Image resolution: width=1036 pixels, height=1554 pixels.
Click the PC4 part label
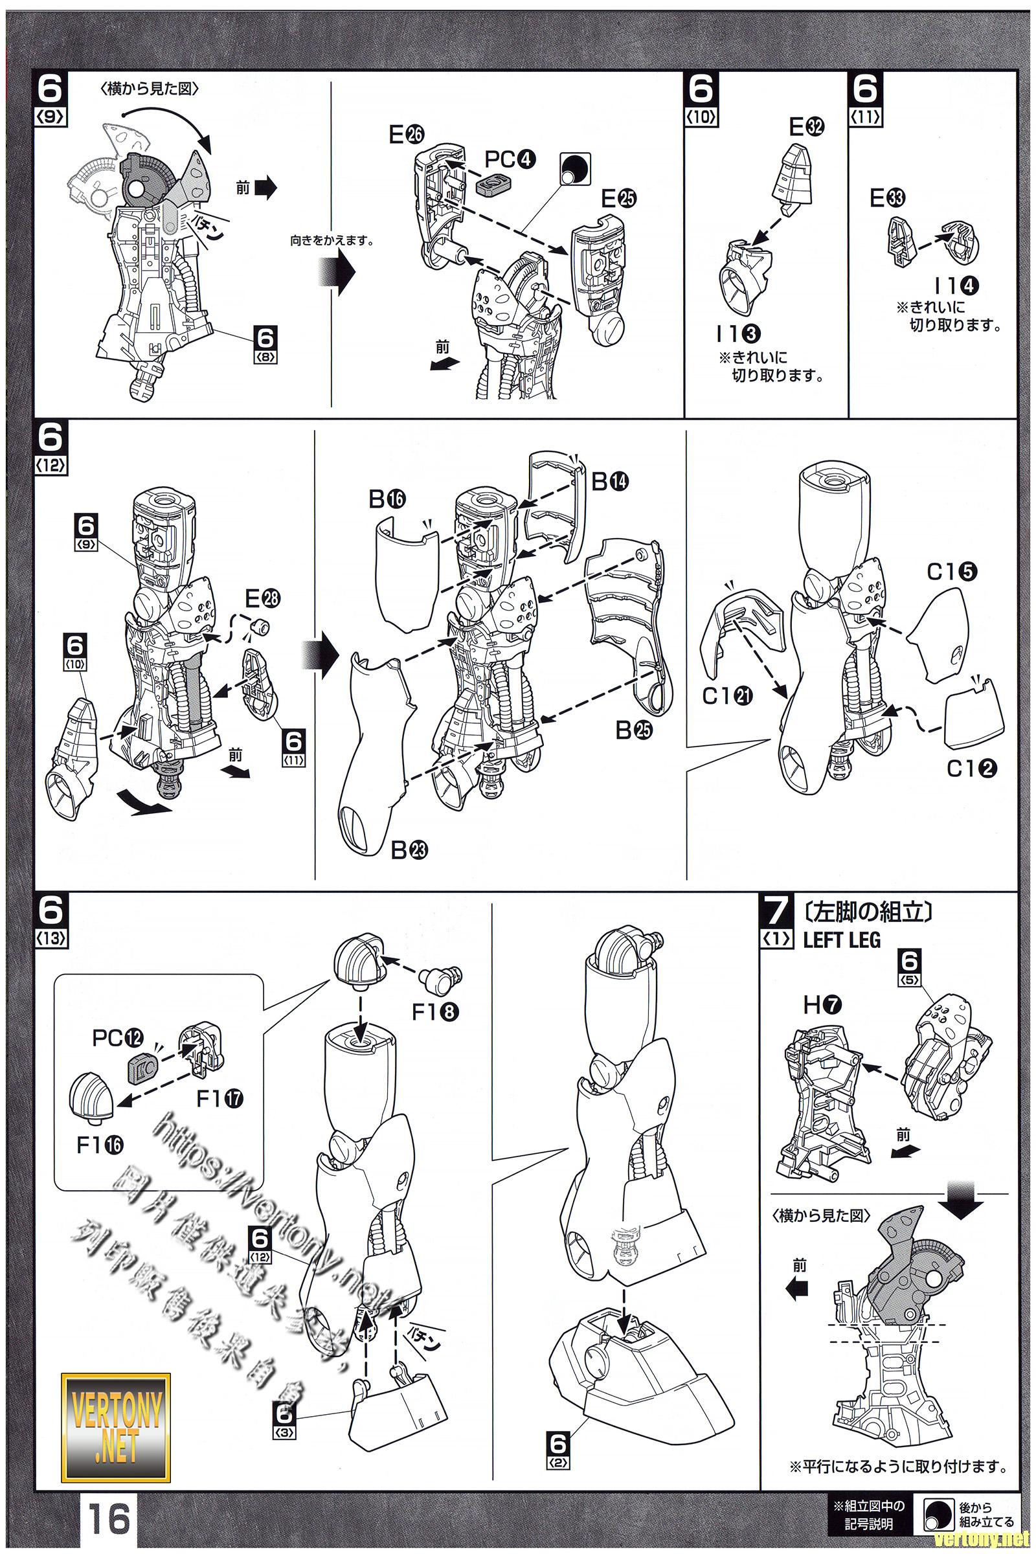click(x=510, y=160)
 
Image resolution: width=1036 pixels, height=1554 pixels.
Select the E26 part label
click(x=407, y=135)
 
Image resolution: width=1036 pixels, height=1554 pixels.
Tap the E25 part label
click(x=618, y=198)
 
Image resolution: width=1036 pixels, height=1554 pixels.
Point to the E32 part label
click(x=806, y=128)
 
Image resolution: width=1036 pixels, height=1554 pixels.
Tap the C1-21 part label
click(x=726, y=695)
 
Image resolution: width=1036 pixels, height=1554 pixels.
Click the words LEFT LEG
click(x=842, y=940)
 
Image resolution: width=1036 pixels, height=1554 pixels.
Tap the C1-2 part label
click(x=971, y=769)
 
